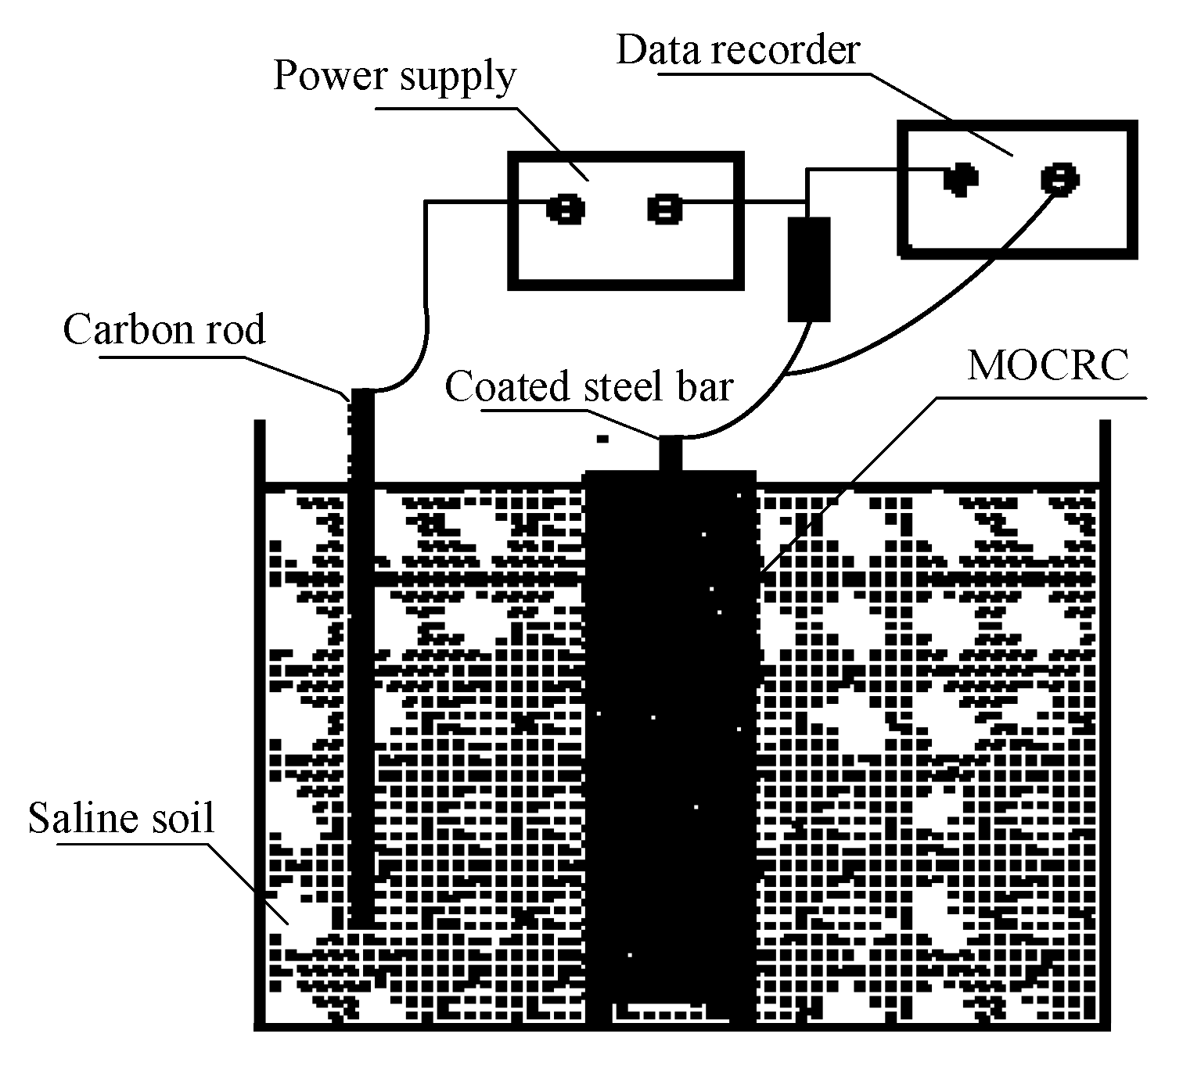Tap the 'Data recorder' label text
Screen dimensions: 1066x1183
(738, 50)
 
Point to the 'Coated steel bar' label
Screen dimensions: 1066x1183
(588, 387)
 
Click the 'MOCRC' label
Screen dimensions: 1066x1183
(1048, 365)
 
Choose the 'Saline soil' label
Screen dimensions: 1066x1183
(121, 819)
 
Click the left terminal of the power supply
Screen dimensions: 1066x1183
(564, 210)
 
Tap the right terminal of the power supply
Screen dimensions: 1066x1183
(664, 210)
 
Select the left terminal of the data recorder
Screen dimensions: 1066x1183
(959, 179)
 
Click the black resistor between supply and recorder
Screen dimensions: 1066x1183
(808, 269)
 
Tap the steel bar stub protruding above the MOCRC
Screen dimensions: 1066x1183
(671, 454)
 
